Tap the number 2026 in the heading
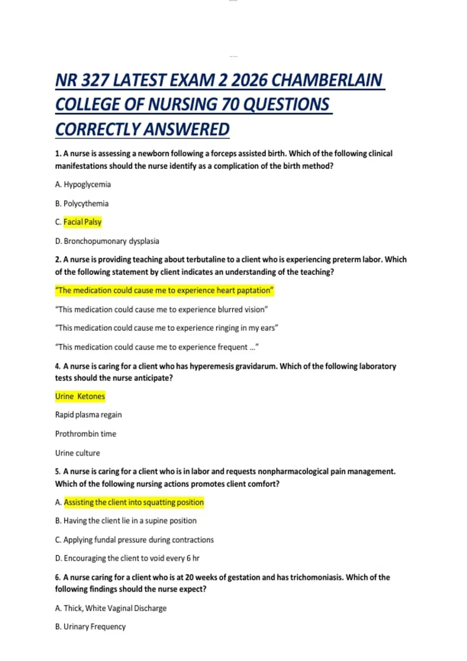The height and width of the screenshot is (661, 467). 249,80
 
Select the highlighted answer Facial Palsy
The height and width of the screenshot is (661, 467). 83,222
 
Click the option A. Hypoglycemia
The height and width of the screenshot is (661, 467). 83,184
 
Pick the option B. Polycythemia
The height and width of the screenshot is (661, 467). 82,203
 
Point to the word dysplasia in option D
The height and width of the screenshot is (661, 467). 144,241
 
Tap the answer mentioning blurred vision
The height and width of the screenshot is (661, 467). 162,310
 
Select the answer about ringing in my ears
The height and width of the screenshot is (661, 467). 167,328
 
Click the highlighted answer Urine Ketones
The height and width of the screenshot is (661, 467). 80,396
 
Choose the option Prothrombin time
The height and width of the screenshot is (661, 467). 86,434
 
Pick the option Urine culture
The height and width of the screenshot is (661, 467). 77,453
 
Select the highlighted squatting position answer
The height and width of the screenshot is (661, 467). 133,502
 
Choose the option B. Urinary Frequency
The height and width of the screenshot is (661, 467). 90,627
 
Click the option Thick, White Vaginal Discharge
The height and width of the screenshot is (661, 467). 111,608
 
